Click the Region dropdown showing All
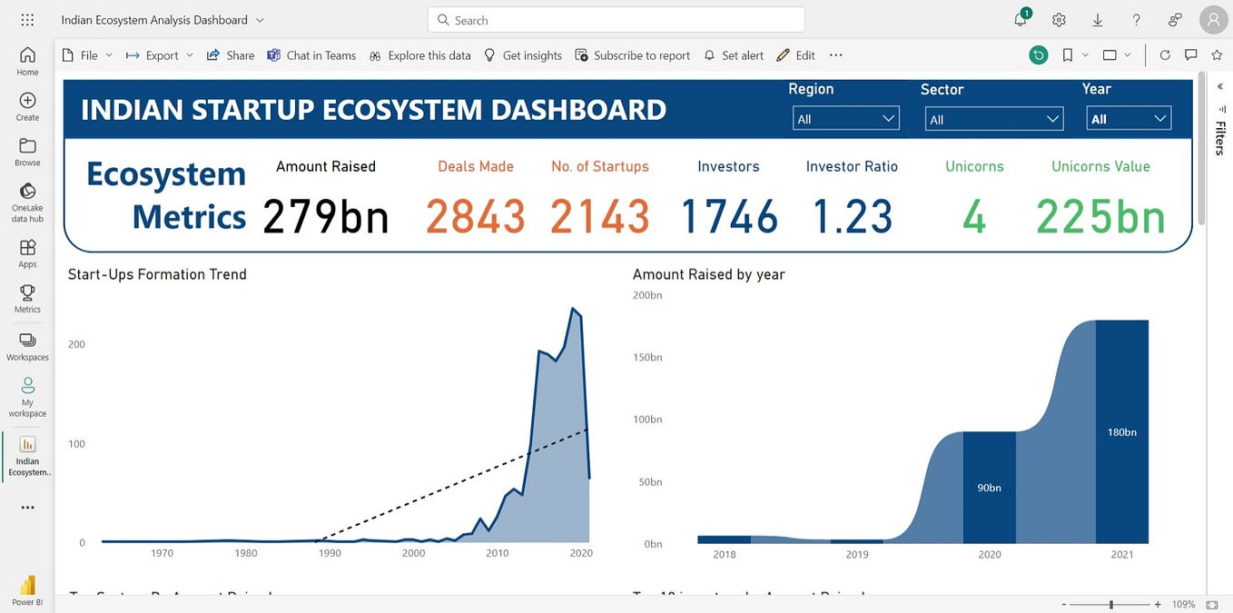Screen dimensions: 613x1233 tap(845, 119)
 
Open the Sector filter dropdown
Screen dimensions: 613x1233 tap(993, 119)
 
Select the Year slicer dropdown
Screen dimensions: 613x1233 tap(1129, 119)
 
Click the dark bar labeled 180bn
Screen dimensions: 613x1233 tap(1122, 432)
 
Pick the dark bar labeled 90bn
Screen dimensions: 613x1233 tap(989, 487)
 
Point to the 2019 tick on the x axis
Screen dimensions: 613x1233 tap(857, 554)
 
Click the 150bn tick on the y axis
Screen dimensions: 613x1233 tap(647, 357)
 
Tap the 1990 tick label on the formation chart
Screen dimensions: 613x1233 tap(330, 553)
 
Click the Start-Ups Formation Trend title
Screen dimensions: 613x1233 tap(157, 274)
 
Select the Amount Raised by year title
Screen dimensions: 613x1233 tap(708, 274)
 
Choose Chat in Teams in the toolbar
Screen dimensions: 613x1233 tap(311, 55)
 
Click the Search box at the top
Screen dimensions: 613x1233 tap(616, 20)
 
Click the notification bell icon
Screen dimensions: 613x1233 tap(1021, 20)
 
